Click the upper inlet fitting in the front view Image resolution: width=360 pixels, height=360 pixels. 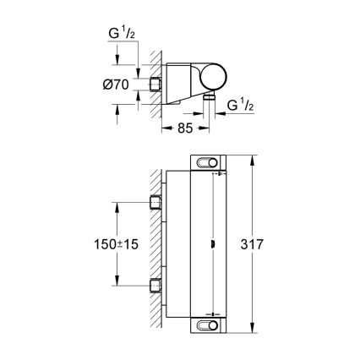click(155, 201)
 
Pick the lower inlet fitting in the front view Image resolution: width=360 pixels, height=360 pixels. click(155, 286)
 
